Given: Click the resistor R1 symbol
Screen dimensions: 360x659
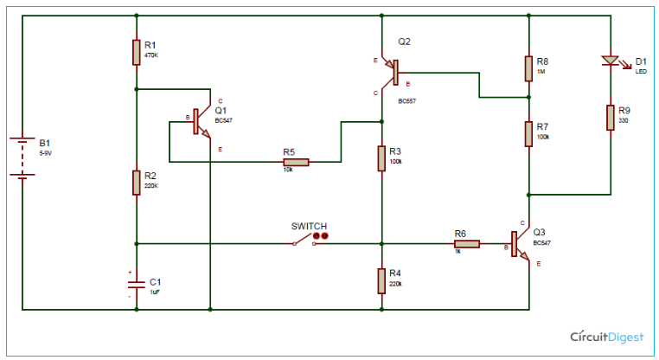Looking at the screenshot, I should (137, 52).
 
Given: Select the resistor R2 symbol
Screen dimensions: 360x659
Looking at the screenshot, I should (137, 183).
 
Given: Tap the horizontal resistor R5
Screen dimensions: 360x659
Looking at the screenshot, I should (296, 161).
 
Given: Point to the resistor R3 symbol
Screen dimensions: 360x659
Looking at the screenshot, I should (381, 158).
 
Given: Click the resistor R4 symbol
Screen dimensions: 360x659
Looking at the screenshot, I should (381, 280).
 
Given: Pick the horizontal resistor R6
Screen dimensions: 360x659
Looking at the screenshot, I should (466, 244).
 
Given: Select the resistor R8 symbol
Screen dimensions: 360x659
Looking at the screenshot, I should (528, 68).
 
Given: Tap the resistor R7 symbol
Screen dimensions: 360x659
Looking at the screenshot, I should (528, 134).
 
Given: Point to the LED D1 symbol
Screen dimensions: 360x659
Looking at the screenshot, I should (611, 61).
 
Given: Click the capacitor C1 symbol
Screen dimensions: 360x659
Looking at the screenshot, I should (137, 283).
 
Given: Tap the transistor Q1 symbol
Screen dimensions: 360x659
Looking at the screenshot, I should (201, 121).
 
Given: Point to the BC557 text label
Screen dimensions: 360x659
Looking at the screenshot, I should (409, 101).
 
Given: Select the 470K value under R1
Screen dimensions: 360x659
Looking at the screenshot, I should (152, 55).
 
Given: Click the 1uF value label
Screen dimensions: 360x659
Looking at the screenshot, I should (156, 292).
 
